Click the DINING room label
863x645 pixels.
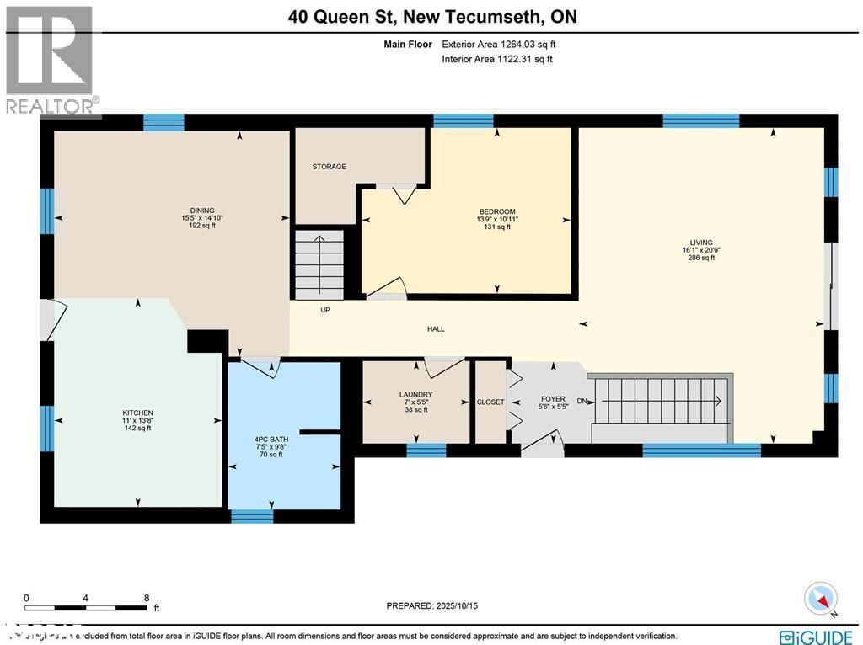tap(202, 211)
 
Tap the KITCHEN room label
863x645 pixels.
tap(137, 413)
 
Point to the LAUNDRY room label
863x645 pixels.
tap(415, 394)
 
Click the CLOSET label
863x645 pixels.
tap(490, 402)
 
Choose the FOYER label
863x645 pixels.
tap(553, 399)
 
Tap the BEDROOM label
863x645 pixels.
tap(496, 211)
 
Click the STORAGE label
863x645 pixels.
tap(329, 167)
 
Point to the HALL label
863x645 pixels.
tap(436, 329)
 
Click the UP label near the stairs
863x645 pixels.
tap(324, 310)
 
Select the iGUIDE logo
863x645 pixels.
tap(816, 637)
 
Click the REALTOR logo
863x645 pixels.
tap(51, 59)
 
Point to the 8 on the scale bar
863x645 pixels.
tap(147, 598)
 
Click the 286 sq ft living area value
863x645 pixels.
tap(701, 258)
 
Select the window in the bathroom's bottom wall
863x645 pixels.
tap(252, 515)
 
